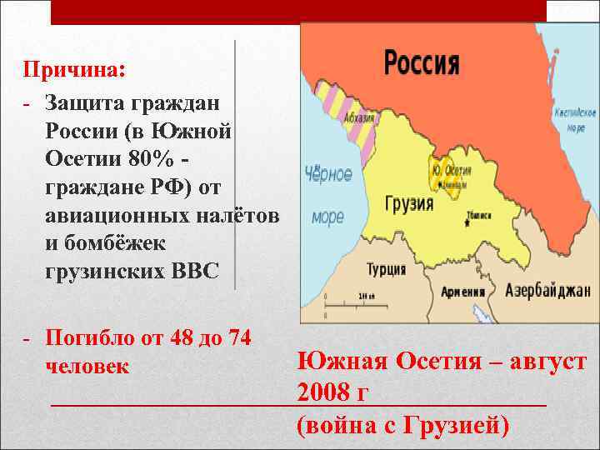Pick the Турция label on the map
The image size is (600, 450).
coord(387,269)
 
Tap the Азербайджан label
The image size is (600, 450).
coord(547,290)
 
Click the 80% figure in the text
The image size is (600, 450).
coord(154,156)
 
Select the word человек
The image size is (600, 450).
coord(87,366)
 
